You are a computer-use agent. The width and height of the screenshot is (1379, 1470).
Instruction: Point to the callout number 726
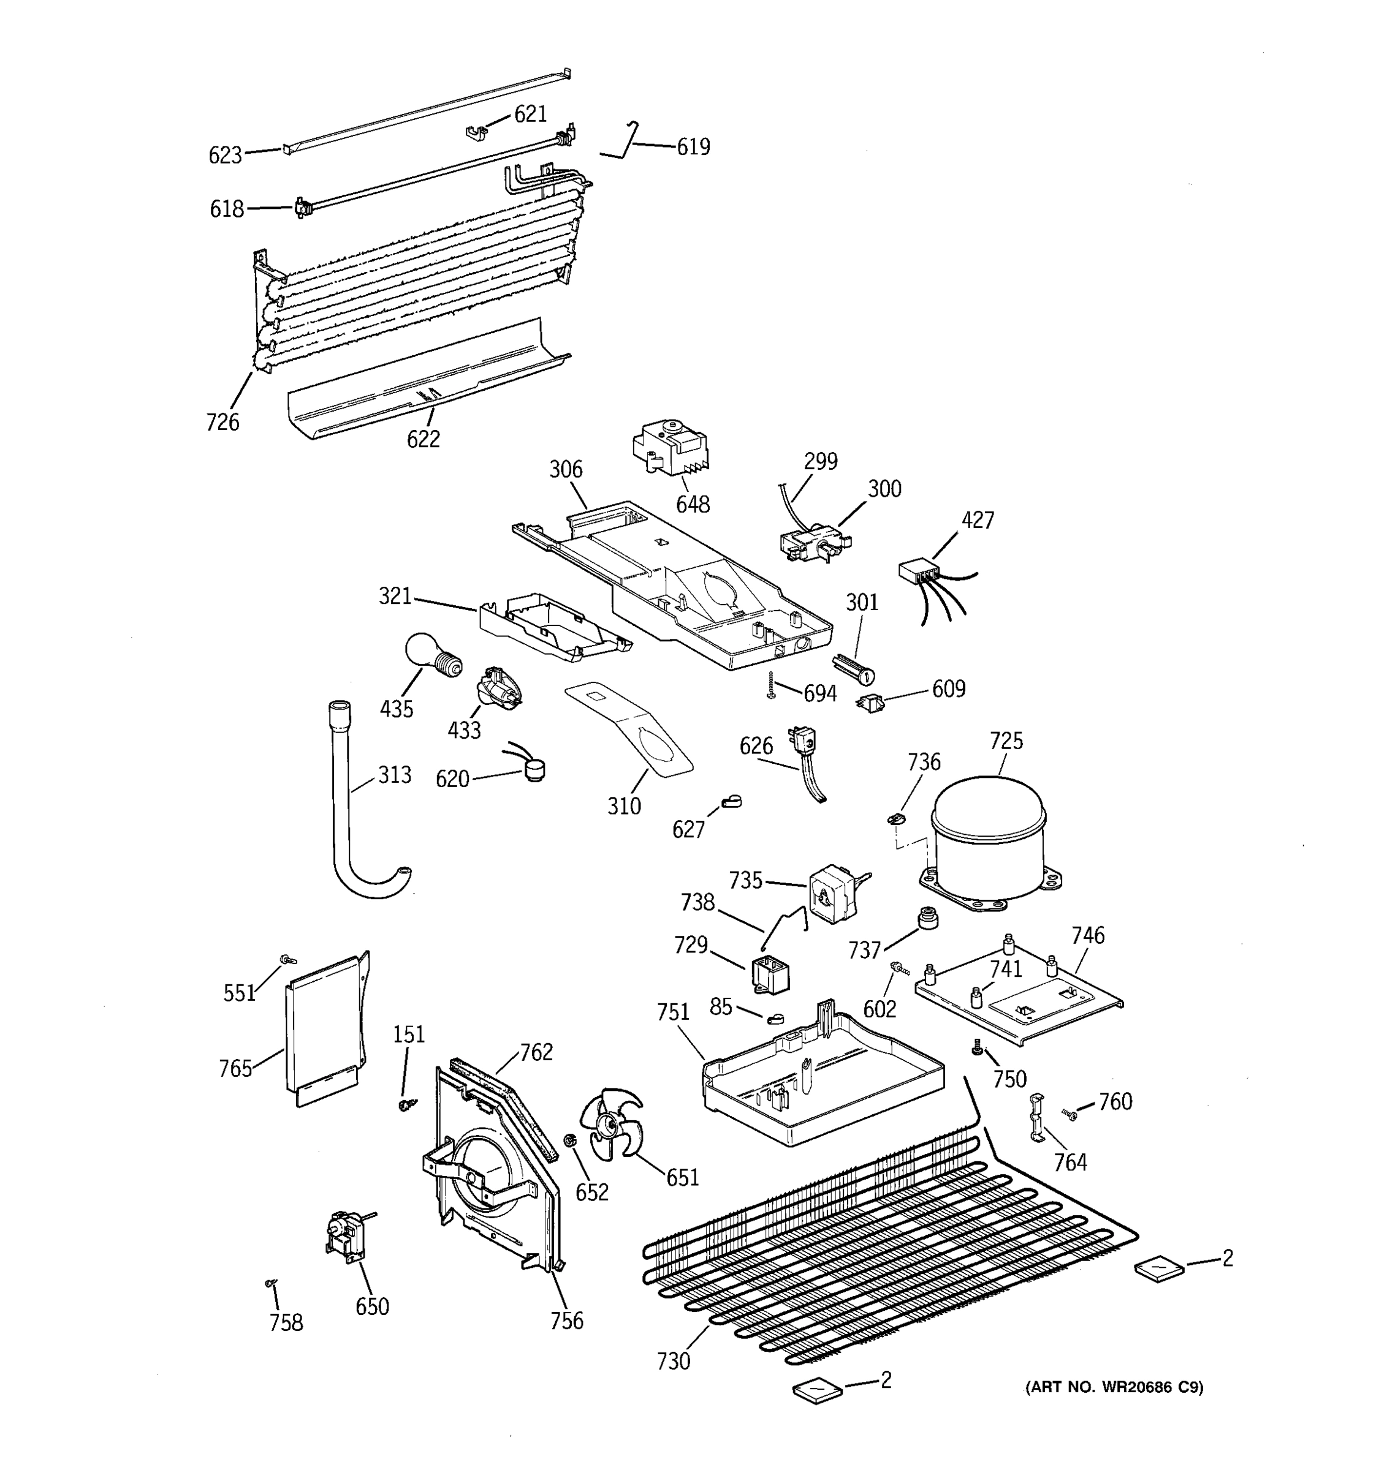[222, 422]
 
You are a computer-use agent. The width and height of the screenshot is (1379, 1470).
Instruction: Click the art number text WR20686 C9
[1114, 1387]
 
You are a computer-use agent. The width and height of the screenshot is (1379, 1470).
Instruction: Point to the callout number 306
[566, 469]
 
